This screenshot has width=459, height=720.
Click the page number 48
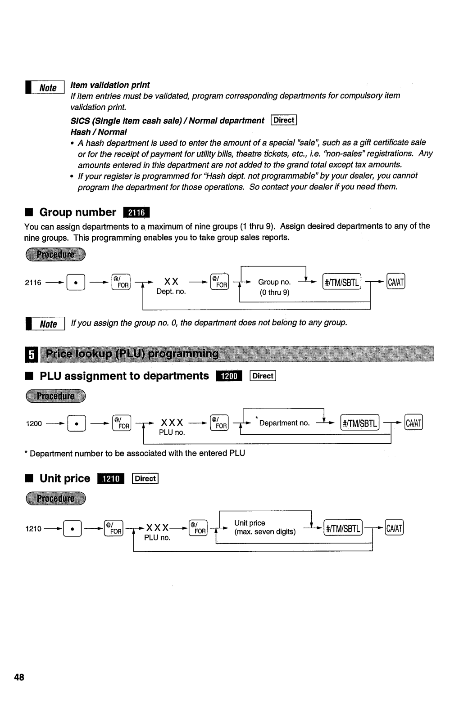[19, 677]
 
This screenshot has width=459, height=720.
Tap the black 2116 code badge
[136, 212]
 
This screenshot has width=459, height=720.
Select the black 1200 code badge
[229, 376]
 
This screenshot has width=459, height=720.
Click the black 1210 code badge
[111, 479]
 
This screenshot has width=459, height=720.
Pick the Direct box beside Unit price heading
[145, 479]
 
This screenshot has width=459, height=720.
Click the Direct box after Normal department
[284, 120]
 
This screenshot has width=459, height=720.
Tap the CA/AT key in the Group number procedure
[396, 282]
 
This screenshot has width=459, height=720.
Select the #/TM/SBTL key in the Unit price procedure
[343, 528]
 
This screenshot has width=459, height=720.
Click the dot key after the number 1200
[76, 423]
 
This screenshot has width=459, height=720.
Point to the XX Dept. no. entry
[171, 286]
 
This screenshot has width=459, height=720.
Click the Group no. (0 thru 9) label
[274, 287]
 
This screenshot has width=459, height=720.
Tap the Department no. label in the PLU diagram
[284, 423]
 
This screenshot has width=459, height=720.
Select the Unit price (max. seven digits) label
[265, 527]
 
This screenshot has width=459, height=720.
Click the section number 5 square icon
[31, 355]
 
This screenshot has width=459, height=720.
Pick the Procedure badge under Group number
[55, 254]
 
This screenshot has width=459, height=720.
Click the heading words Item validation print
[110, 85]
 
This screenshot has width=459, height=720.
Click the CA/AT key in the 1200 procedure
[414, 423]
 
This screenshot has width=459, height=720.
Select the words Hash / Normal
[99, 132]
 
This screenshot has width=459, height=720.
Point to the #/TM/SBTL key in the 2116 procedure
[342, 282]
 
